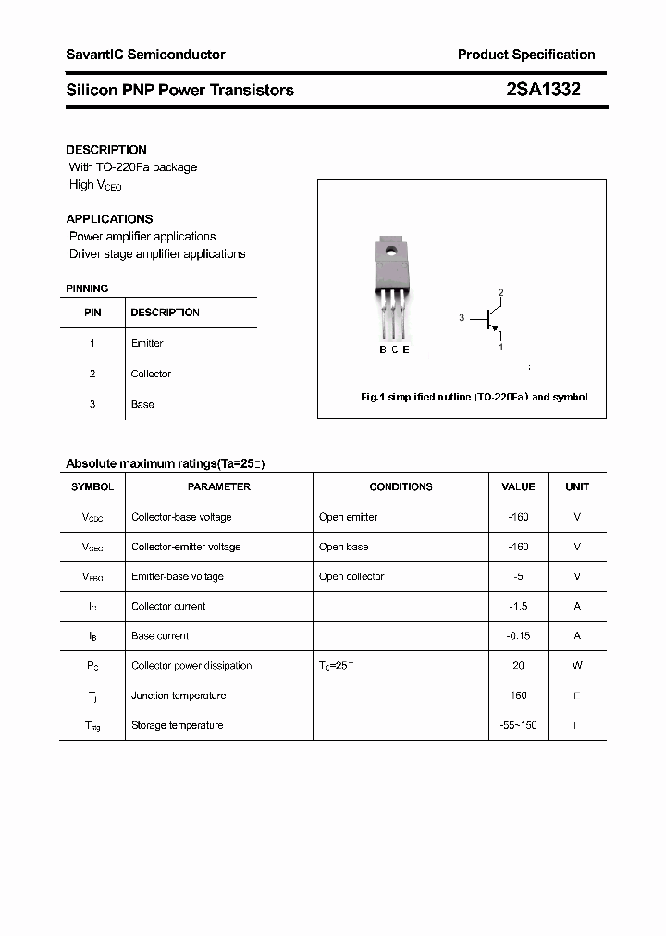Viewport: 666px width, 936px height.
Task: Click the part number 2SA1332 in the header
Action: tap(543, 90)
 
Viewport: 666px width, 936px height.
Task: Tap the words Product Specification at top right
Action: tap(526, 55)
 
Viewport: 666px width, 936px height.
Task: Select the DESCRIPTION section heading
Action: tap(106, 150)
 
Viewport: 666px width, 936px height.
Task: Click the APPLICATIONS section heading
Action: tap(109, 219)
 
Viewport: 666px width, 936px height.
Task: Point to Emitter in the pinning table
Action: tap(147, 343)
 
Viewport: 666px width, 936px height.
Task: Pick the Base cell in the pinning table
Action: tap(142, 404)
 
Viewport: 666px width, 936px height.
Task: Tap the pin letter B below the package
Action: tap(383, 350)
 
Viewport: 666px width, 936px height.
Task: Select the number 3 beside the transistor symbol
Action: tap(462, 318)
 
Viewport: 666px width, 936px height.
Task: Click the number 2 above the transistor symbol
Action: tap(500, 293)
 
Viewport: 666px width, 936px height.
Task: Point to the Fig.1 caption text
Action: tap(474, 397)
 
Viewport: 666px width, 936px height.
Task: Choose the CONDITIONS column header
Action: tap(401, 486)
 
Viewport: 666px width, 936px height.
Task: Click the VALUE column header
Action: tap(518, 486)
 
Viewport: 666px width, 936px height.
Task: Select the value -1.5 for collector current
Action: tap(518, 606)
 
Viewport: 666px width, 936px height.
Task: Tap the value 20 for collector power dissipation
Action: tap(518, 665)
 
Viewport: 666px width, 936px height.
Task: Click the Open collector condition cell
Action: tap(351, 576)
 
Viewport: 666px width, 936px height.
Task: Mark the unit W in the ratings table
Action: tap(577, 665)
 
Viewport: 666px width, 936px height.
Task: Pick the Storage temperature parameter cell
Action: tap(178, 725)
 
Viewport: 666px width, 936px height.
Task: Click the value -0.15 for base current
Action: tap(518, 635)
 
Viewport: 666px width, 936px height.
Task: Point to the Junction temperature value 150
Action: tap(518, 696)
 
